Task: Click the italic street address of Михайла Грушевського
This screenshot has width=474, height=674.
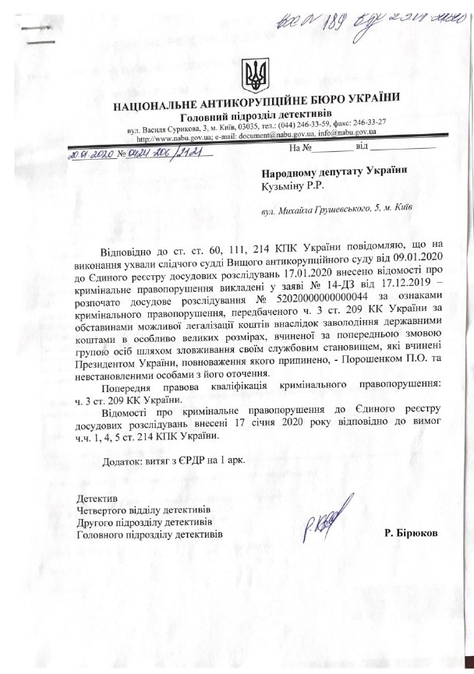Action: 337,210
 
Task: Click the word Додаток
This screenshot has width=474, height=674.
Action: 122,461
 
